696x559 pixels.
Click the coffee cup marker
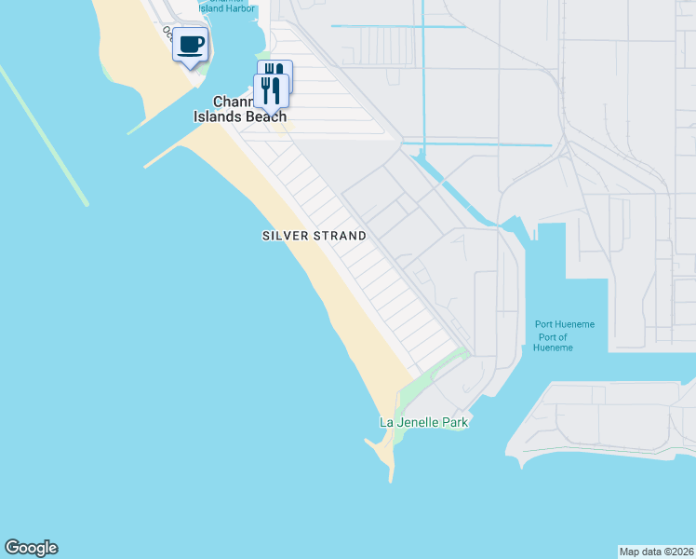coord(191,45)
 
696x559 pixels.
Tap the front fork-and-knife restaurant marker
coord(270,90)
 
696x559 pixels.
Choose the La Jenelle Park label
coord(423,422)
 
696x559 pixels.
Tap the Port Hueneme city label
coord(564,324)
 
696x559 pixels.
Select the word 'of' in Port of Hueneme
coord(561,336)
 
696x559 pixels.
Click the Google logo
coord(31,548)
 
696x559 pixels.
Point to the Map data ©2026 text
coord(656,551)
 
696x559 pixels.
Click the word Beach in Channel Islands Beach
coord(265,117)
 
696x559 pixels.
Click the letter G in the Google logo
coord(12,548)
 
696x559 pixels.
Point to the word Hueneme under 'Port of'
coord(553,348)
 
